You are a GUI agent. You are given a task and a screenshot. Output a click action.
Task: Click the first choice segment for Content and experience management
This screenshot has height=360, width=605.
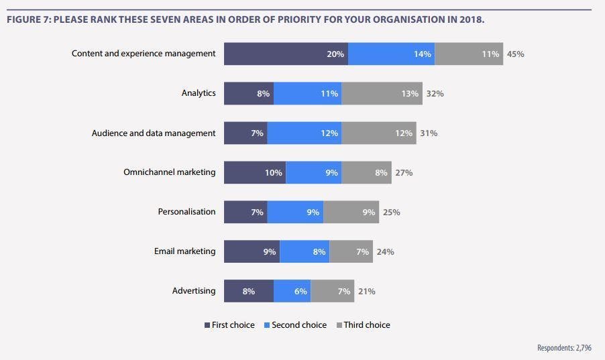point(285,54)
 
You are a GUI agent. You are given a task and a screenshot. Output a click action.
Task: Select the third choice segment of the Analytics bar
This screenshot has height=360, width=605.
point(381,93)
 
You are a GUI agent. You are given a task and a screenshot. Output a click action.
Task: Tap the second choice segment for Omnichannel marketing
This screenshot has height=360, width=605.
point(313,172)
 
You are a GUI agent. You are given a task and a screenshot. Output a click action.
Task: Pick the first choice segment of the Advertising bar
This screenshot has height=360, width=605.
point(248,291)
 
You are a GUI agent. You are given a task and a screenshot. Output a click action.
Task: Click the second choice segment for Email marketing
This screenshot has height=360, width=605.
point(304,251)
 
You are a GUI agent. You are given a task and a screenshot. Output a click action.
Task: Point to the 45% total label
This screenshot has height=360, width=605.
point(515,54)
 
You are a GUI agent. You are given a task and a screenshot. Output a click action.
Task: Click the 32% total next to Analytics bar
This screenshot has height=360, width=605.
point(435,93)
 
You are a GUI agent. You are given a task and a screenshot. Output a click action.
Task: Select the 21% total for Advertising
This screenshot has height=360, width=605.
point(366,291)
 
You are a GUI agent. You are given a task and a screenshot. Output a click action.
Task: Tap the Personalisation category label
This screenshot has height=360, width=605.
point(186,212)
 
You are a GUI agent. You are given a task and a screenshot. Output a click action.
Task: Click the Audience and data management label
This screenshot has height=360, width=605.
point(154,133)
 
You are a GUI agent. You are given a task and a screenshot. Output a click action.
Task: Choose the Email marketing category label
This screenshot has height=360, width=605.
point(184,251)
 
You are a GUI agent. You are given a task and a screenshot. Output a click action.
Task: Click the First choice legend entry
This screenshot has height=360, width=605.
point(229,325)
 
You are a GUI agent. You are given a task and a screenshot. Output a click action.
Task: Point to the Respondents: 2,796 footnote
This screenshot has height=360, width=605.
point(564,348)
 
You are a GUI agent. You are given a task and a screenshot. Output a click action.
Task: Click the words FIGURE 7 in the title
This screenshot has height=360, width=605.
point(27,19)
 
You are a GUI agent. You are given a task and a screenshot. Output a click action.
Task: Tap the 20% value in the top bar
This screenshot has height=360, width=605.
point(335,54)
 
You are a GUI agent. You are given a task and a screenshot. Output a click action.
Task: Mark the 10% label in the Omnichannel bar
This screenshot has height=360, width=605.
point(273,172)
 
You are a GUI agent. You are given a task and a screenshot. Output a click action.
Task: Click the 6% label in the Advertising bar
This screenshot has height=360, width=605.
point(300,291)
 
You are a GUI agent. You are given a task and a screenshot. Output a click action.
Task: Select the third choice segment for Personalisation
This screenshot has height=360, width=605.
point(351,212)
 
